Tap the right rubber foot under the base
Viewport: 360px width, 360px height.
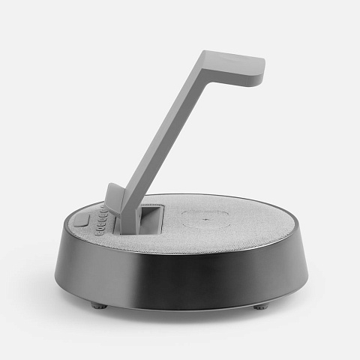coord(259,306)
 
